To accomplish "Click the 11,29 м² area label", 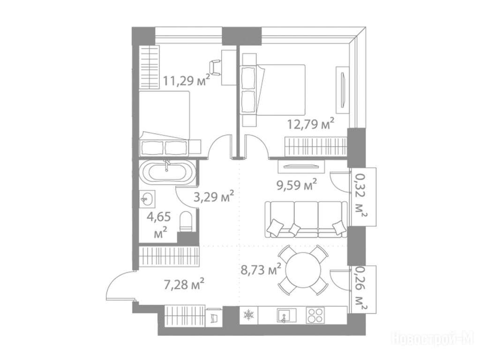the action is click(187, 80).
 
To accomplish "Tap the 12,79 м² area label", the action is click(310, 124).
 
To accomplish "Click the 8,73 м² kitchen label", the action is click(261, 270).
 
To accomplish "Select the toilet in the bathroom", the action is click(186, 221).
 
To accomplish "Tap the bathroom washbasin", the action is click(148, 199).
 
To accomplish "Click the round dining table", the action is click(303, 270).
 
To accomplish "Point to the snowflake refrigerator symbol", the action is click(248, 315).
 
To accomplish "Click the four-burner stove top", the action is click(315, 315).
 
